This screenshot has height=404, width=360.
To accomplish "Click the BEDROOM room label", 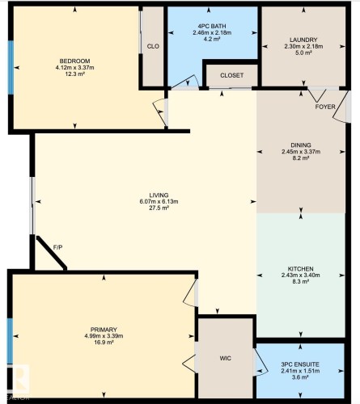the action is pyautogui.click(x=74, y=61).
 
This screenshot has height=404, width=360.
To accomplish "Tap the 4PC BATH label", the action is pyautogui.click(x=212, y=27).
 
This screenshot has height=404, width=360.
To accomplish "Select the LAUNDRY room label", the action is pyautogui.click(x=303, y=40).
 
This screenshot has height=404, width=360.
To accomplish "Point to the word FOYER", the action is pyautogui.click(x=325, y=107).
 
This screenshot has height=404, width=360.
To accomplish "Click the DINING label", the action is pyautogui.click(x=301, y=145).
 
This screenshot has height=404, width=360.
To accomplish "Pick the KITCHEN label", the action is pyautogui.click(x=301, y=269).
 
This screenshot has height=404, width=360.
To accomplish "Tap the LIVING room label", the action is pyautogui.click(x=159, y=195).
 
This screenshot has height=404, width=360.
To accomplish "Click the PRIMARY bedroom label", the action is pyautogui.click(x=104, y=330).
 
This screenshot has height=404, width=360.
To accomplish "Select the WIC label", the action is pyautogui.click(x=225, y=358).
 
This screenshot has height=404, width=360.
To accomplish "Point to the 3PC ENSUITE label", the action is pyautogui.click(x=300, y=364).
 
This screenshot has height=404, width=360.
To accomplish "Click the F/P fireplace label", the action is pyautogui.click(x=57, y=247).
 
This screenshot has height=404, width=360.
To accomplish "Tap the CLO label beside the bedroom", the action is pyautogui.click(x=153, y=46).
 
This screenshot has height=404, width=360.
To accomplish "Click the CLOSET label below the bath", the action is pyautogui.click(x=231, y=75).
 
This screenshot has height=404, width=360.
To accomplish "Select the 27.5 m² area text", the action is pyautogui.click(x=159, y=208).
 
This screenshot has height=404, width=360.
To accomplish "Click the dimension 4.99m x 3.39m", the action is pyautogui.click(x=104, y=336).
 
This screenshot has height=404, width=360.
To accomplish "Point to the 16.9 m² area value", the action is pyautogui.click(x=104, y=343).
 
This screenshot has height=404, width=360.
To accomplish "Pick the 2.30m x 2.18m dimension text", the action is pyautogui.click(x=303, y=46).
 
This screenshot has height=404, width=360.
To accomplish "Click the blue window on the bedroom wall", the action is pyautogui.click(x=11, y=67).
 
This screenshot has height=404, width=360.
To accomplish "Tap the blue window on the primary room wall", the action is pyautogui.click(x=10, y=341).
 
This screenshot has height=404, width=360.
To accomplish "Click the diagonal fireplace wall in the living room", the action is pyautogui.click(x=52, y=253).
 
